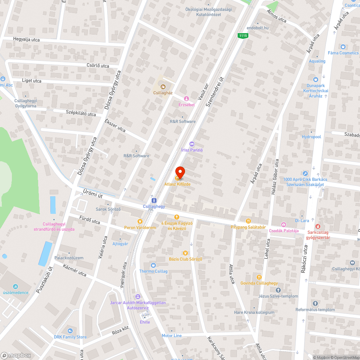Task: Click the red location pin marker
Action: click(x=180, y=172)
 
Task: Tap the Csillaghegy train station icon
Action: click(x=154, y=200)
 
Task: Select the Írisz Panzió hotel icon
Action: click(x=192, y=144)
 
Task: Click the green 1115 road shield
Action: click(x=243, y=35)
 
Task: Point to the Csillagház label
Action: click(x=163, y=93)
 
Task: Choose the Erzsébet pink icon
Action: click(x=186, y=99)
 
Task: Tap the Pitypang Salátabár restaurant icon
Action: click(x=248, y=221)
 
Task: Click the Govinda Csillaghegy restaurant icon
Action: click(x=259, y=277)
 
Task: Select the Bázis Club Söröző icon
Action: click(x=185, y=253)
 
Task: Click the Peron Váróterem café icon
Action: click(x=140, y=221)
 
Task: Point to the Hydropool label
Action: click(x=311, y=137)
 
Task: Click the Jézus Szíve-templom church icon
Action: click(x=278, y=290)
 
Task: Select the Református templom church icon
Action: click(x=315, y=303)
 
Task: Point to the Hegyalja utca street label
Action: click(x=26, y=40)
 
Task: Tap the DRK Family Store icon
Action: click(x=70, y=331)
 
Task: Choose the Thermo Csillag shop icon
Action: click(x=153, y=265)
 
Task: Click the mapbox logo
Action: click(x=16, y=355)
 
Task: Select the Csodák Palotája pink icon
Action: click(x=283, y=225)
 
